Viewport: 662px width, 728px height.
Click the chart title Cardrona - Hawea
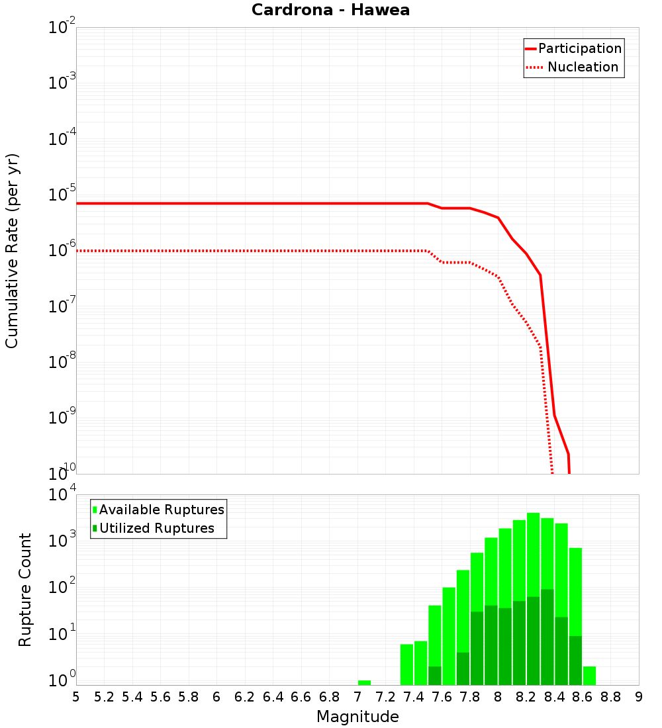pyautogui.click(x=330, y=10)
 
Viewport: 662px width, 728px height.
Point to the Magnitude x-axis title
pyautogui.click(x=357, y=717)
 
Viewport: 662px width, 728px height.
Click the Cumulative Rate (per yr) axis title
pyautogui.click(x=12, y=250)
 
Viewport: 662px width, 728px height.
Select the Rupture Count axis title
pyautogui.click(x=25, y=589)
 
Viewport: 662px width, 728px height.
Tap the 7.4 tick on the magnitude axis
pyautogui.click(x=414, y=697)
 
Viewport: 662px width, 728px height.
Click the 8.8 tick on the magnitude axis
pyautogui.click(x=610, y=697)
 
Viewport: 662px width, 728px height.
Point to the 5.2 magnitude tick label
pyautogui.click(x=104, y=697)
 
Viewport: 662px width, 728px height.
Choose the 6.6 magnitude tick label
pyautogui.click(x=301, y=697)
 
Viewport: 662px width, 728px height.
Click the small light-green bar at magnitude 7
pyautogui.click(x=364, y=682)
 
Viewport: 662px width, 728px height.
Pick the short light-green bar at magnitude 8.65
pyautogui.click(x=590, y=676)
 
